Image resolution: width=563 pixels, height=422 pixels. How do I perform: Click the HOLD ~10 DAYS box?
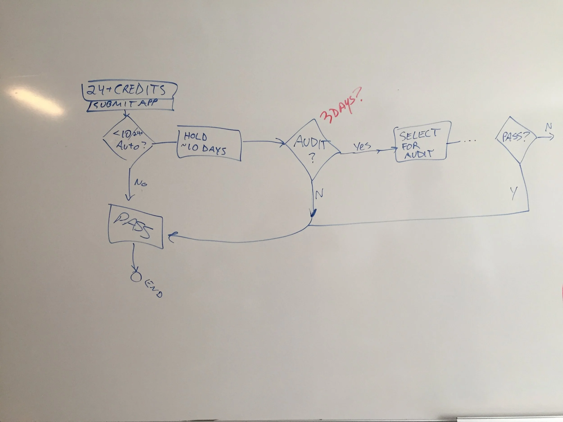coord(209,144)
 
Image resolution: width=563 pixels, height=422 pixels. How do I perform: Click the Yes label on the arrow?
coord(362,146)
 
